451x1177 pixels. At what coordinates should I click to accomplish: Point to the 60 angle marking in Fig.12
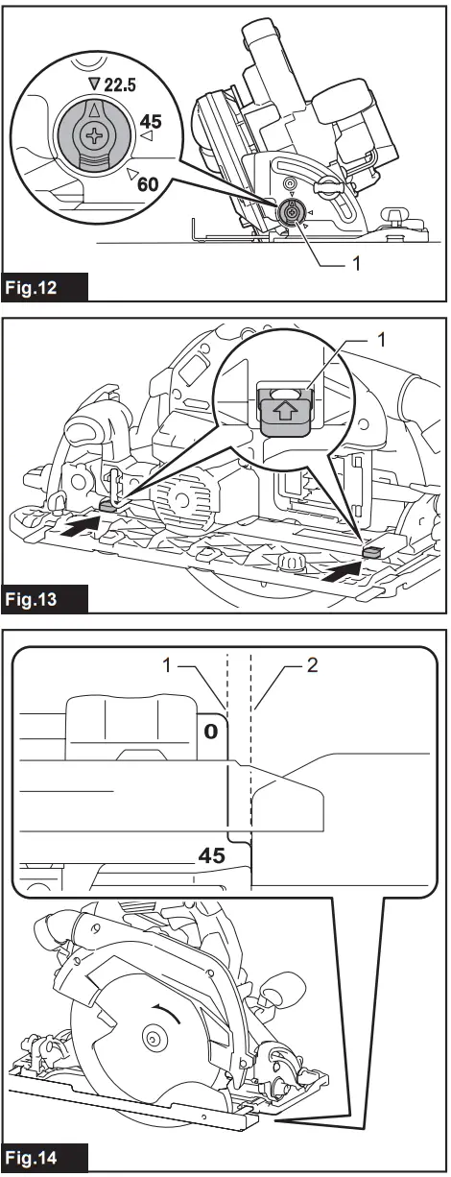tap(148, 181)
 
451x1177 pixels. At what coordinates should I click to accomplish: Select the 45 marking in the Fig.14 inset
tap(211, 854)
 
